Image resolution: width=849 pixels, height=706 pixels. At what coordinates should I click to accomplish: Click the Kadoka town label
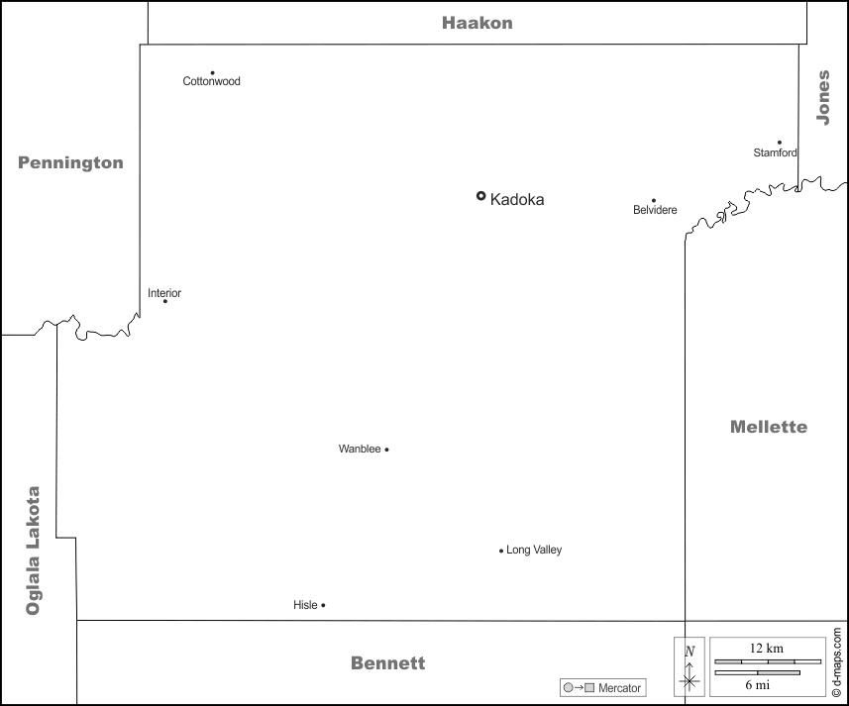coord(517,199)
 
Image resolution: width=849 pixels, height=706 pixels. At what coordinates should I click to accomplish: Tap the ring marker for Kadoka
coord(481,196)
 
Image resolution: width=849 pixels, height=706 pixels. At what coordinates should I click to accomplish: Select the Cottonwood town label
coord(211,81)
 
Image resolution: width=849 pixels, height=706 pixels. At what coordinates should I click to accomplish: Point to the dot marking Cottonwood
coord(212,72)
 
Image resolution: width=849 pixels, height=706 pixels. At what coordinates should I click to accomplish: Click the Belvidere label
coord(655,210)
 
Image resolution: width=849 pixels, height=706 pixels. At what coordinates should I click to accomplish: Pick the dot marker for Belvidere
coord(653,200)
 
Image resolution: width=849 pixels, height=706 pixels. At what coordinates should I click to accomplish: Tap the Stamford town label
coord(775,152)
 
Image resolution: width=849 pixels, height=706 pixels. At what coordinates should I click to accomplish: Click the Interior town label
coord(164,293)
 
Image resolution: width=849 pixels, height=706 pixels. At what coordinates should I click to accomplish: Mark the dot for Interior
coord(164,301)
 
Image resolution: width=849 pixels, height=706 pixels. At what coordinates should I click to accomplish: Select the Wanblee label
coord(360,450)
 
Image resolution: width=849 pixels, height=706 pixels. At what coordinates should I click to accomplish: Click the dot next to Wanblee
coord(386,450)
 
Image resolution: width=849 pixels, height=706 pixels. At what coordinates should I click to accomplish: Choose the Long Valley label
coord(534,550)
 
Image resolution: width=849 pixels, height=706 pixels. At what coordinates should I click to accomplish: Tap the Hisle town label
coord(305,605)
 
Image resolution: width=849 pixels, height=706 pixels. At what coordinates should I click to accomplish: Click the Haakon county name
coord(478,23)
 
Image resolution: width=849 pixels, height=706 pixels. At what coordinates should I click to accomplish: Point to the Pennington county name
coord(70,163)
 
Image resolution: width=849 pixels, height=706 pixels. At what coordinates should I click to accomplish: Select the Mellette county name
coord(768,427)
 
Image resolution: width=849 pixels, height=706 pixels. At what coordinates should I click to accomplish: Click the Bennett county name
coord(387,663)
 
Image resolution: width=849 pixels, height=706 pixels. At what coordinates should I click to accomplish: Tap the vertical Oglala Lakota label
coord(34,551)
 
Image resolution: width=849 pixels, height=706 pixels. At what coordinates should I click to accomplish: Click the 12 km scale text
coord(767,648)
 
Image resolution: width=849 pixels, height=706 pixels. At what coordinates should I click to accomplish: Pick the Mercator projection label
coord(619,688)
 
